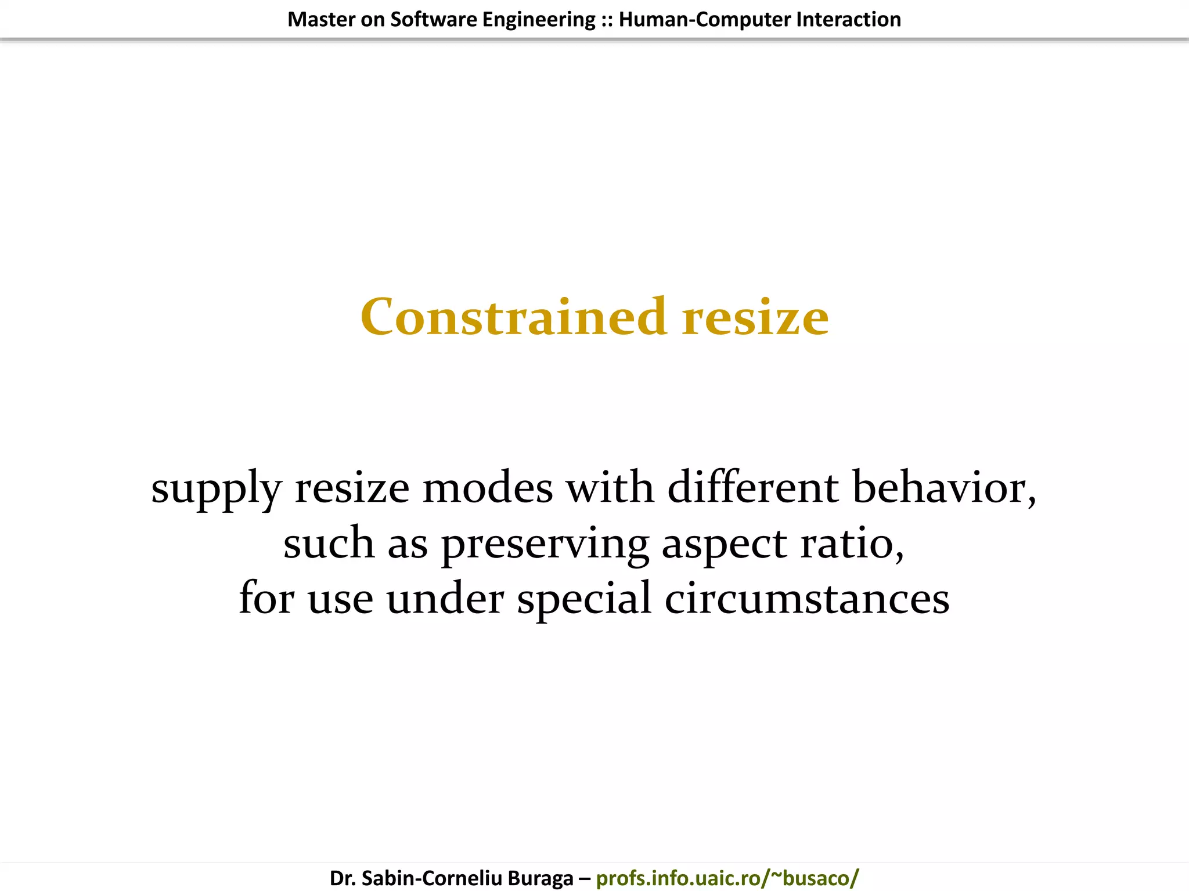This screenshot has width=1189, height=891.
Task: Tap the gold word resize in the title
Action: tap(755, 318)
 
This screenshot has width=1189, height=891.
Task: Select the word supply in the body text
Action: tap(216, 488)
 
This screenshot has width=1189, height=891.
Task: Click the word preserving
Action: tap(545, 544)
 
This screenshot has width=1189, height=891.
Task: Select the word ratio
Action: tap(851, 544)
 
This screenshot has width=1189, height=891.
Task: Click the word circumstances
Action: tap(807, 599)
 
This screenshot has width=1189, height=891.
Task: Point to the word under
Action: tap(445, 599)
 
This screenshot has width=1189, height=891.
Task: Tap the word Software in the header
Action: tap(433, 20)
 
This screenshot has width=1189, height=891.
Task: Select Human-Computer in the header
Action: tap(704, 20)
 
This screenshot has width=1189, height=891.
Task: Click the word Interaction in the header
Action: tap(848, 20)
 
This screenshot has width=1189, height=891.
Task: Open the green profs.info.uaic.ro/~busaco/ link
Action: tap(727, 878)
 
